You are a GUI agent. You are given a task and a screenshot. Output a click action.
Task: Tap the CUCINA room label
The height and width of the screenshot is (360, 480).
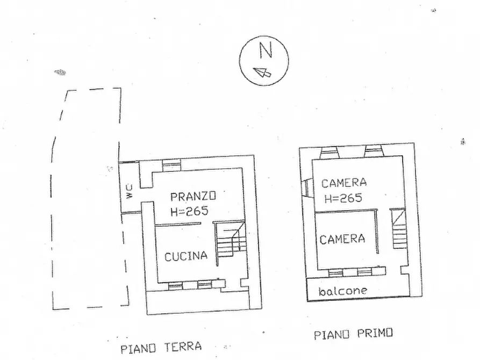coord(186,256)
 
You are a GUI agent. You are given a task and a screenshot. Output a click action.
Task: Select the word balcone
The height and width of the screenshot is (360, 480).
coord(343,291)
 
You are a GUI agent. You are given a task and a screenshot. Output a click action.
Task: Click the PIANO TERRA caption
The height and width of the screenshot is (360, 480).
coord(161,347)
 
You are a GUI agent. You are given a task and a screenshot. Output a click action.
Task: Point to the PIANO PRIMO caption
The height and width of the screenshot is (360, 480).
coord(354,334)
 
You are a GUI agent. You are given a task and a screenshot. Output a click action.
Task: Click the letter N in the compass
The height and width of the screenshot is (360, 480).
coord(265,51)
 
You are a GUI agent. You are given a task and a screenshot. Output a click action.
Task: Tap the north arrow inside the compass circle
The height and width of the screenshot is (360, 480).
coord(261,73)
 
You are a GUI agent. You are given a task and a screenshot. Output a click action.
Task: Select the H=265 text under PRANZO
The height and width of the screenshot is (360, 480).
coord(189,211)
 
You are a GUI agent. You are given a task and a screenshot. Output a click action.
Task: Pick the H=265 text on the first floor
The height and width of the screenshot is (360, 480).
coord(343,198)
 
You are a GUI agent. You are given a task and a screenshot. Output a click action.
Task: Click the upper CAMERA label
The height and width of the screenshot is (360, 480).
coord(344,183)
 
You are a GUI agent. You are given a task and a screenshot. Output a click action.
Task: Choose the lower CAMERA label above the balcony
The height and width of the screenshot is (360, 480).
coord(342,239)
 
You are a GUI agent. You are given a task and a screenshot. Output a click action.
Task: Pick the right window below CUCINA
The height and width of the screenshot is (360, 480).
coord(205,285)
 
